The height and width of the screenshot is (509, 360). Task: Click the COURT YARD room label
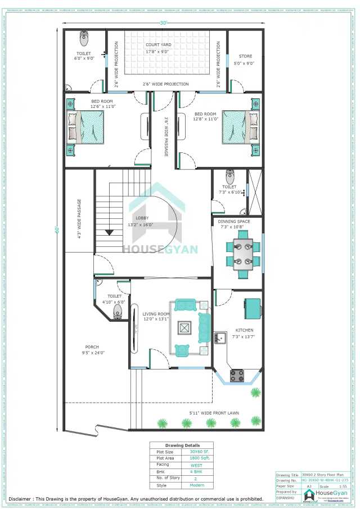pyautogui.click(x=158, y=44)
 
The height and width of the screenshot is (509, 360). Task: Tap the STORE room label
pyautogui.click(x=245, y=56)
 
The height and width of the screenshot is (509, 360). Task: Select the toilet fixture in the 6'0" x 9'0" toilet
pyautogui.click(x=84, y=38)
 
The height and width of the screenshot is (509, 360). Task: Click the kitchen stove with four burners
pyautogui.click(x=237, y=374)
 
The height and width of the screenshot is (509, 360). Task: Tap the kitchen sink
pyautogui.click(x=219, y=337)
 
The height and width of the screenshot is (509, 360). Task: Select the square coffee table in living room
pyautogui.click(x=184, y=327)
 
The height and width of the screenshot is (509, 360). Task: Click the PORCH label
pyautogui.click(x=92, y=346)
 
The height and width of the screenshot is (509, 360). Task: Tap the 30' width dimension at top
pyautogui.click(x=164, y=23)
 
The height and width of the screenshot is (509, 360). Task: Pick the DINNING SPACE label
pyautogui.click(x=235, y=222)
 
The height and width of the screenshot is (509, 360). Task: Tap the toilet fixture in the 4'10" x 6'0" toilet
pyautogui.click(x=118, y=310)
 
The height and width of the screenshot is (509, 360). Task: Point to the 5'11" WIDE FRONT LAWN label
pyautogui.click(x=213, y=413)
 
